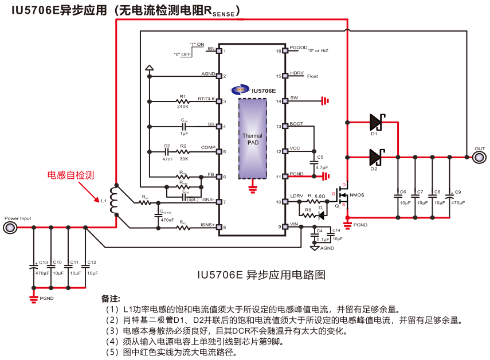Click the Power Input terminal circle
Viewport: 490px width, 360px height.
10,228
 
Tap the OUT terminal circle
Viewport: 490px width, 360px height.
479,156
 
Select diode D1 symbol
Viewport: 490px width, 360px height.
376,122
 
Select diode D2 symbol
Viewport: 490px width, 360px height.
376,156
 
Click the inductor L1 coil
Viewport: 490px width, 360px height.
114,201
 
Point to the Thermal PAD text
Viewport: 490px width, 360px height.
252,139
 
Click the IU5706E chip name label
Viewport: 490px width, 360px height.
264,91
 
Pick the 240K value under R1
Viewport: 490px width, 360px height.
183,107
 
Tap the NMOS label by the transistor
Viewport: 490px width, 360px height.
357,195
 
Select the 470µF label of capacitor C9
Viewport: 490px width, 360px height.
458,203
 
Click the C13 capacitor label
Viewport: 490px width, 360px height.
44,262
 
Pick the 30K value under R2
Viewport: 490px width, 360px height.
184,159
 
